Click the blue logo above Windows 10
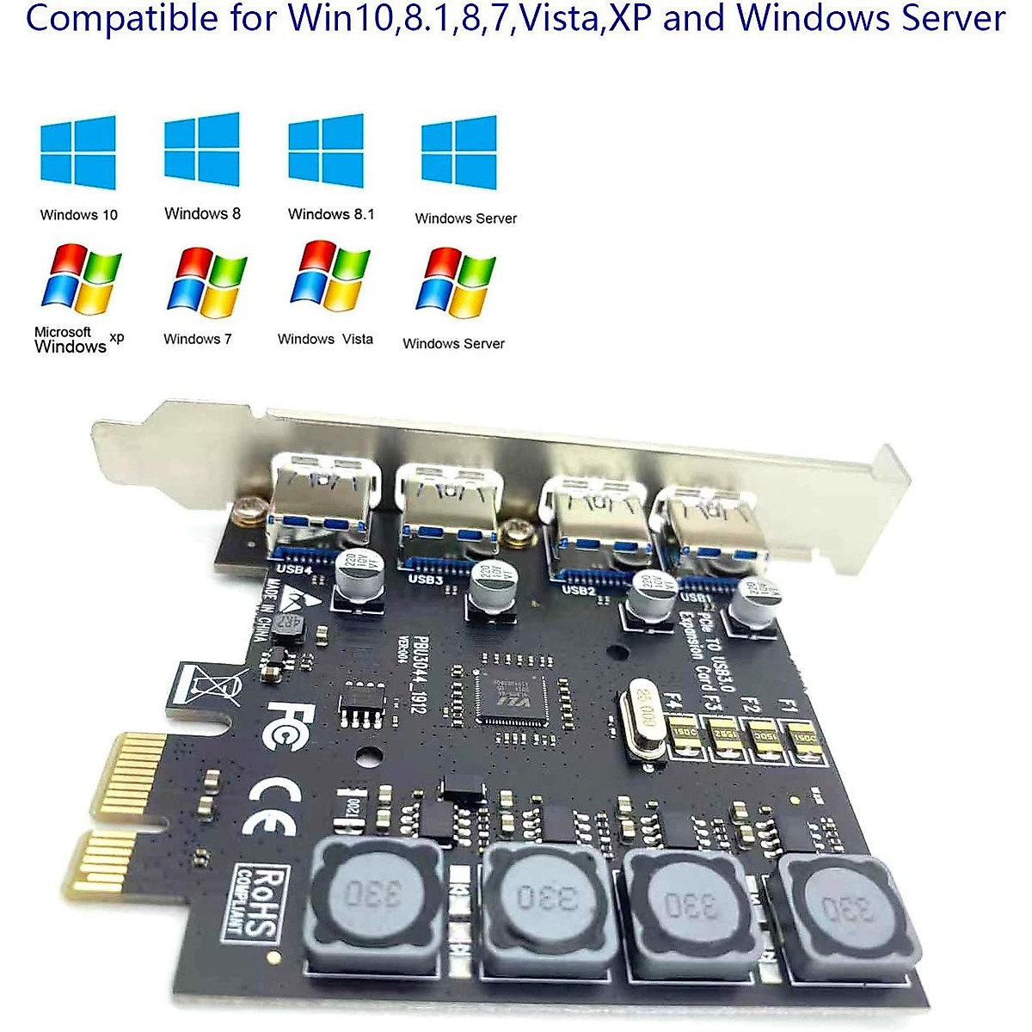coord(78,152)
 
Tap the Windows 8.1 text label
coord(331,213)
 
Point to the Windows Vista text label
coord(325,339)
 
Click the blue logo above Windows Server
coord(458,152)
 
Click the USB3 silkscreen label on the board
coord(425,579)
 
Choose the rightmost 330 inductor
coord(848,910)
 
